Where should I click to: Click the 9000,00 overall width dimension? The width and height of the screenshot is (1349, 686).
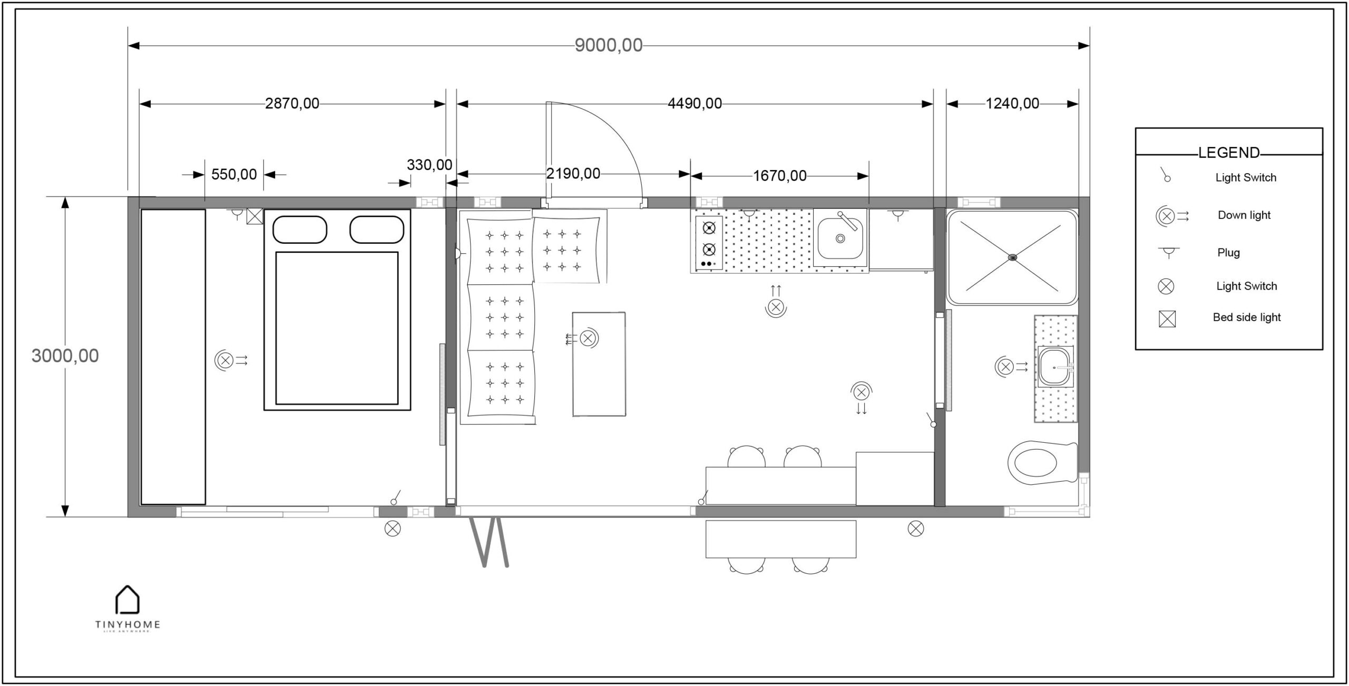(x=608, y=46)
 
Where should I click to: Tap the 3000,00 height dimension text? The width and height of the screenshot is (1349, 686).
(x=65, y=356)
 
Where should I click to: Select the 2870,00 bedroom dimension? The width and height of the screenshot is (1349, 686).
(x=292, y=104)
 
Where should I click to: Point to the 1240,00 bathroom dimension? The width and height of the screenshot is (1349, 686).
(x=1012, y=104)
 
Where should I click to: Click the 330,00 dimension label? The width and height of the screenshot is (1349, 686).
(x=429, y=165)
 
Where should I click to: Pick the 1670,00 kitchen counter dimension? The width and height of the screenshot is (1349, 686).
(x=779, y=176)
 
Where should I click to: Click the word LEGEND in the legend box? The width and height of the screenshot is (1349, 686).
(x=1228, y=153)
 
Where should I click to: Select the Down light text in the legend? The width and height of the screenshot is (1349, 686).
(x=1244, y=215)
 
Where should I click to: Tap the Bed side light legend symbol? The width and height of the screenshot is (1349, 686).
(x=1167, y=319)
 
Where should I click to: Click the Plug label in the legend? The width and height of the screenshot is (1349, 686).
(x=1228, y=253)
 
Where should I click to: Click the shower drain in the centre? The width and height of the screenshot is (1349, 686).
(x=1012, y=257)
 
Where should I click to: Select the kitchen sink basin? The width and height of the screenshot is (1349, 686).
(x=840, y=238)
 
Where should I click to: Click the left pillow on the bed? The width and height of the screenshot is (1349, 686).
(x=299, y=230)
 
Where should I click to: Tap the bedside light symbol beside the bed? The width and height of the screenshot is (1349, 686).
(x=255, y=216)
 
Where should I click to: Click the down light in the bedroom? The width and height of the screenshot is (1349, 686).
(x=225, y=361)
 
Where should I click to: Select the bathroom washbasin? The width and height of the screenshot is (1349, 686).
(x=1055, y=366)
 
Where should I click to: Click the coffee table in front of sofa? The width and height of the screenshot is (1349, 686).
(x=599, y=364)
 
